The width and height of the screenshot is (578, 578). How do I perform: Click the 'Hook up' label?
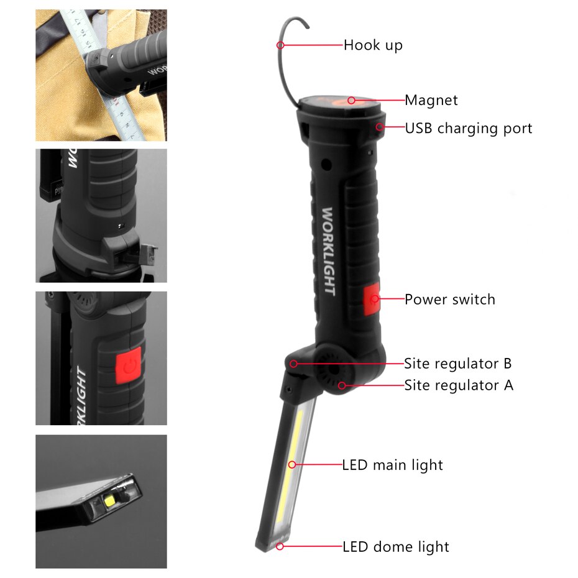(373, 45)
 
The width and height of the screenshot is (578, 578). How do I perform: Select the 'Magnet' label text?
(431, 100)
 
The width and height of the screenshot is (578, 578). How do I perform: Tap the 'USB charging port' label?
(469, 129)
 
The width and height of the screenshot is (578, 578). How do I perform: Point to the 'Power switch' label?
(450, 300)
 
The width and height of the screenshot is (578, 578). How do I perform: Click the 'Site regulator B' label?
(458, 363)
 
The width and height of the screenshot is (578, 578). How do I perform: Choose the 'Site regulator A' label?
(459, 385)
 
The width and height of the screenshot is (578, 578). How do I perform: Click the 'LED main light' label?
(393, 465)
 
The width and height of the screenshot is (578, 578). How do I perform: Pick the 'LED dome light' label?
(396, 547)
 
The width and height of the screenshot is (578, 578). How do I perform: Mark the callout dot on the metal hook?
(281, 45)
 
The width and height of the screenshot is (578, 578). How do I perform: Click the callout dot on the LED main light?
(291, 464)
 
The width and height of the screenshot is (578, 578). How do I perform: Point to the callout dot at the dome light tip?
(280, 546)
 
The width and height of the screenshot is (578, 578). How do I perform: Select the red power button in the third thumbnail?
(127, 366)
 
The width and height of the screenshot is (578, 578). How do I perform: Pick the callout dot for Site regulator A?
(341, 385)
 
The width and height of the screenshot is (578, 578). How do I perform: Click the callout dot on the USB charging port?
(378, 127)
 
